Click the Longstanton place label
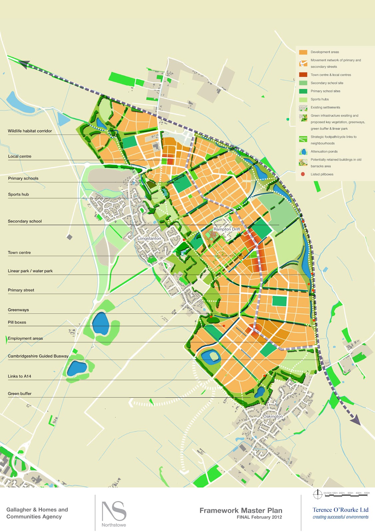click(149, 238)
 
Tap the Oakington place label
click(273, 416)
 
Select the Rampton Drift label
click(226, 229)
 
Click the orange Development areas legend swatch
click(303, 52)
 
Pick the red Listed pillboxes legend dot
click(303, 174)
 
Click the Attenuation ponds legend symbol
click(303, 152)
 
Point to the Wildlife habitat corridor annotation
click(30, 131)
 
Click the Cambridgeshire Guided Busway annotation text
click(38, 356)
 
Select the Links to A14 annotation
click(20, 376)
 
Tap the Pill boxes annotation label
click(17, 322)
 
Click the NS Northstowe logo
click(114, 513)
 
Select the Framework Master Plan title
click(241, 510)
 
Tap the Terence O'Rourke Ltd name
click(340, 510)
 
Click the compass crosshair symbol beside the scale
click(318, 494)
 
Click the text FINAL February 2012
click(259, 517)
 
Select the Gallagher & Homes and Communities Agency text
click(37, 513)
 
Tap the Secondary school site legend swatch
click(303, 83)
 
